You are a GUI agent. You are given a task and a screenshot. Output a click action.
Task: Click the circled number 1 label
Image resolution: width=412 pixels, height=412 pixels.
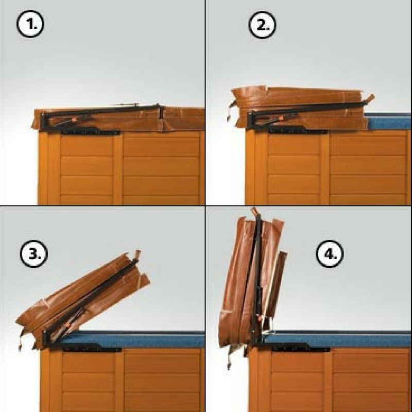pos(30,24)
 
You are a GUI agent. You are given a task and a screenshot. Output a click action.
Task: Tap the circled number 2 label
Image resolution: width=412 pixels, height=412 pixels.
pos(262,25)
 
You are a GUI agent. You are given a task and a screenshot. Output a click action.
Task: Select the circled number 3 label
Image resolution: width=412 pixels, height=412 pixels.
pos(33,254)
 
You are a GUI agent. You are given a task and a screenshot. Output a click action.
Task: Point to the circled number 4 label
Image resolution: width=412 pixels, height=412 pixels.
pos(330,254)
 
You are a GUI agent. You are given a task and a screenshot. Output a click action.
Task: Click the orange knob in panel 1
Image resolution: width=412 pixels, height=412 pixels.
pos(74,120)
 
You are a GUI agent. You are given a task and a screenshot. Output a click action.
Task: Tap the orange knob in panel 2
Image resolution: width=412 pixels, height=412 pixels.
pos(281,118)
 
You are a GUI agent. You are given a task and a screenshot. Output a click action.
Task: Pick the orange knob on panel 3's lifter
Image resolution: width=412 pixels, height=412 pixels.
pos(68,325)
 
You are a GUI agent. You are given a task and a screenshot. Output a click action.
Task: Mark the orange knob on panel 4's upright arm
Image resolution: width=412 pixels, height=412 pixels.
pos(260,318)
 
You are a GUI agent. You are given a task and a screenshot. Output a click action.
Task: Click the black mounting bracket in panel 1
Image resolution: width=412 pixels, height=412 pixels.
pos(91,131)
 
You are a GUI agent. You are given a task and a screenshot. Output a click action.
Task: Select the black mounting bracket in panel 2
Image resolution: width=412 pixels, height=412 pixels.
pos(297,129)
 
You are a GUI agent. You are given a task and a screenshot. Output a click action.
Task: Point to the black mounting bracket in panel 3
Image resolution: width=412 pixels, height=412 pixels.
pos(92,348)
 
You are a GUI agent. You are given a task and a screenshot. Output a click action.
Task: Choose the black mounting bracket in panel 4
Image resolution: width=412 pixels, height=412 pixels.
pos(301,347)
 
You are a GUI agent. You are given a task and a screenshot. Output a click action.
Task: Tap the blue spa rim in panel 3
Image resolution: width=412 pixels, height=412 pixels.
pos(131,339)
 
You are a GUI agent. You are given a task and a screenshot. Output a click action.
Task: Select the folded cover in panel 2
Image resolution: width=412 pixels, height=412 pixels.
pos(300,108)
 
